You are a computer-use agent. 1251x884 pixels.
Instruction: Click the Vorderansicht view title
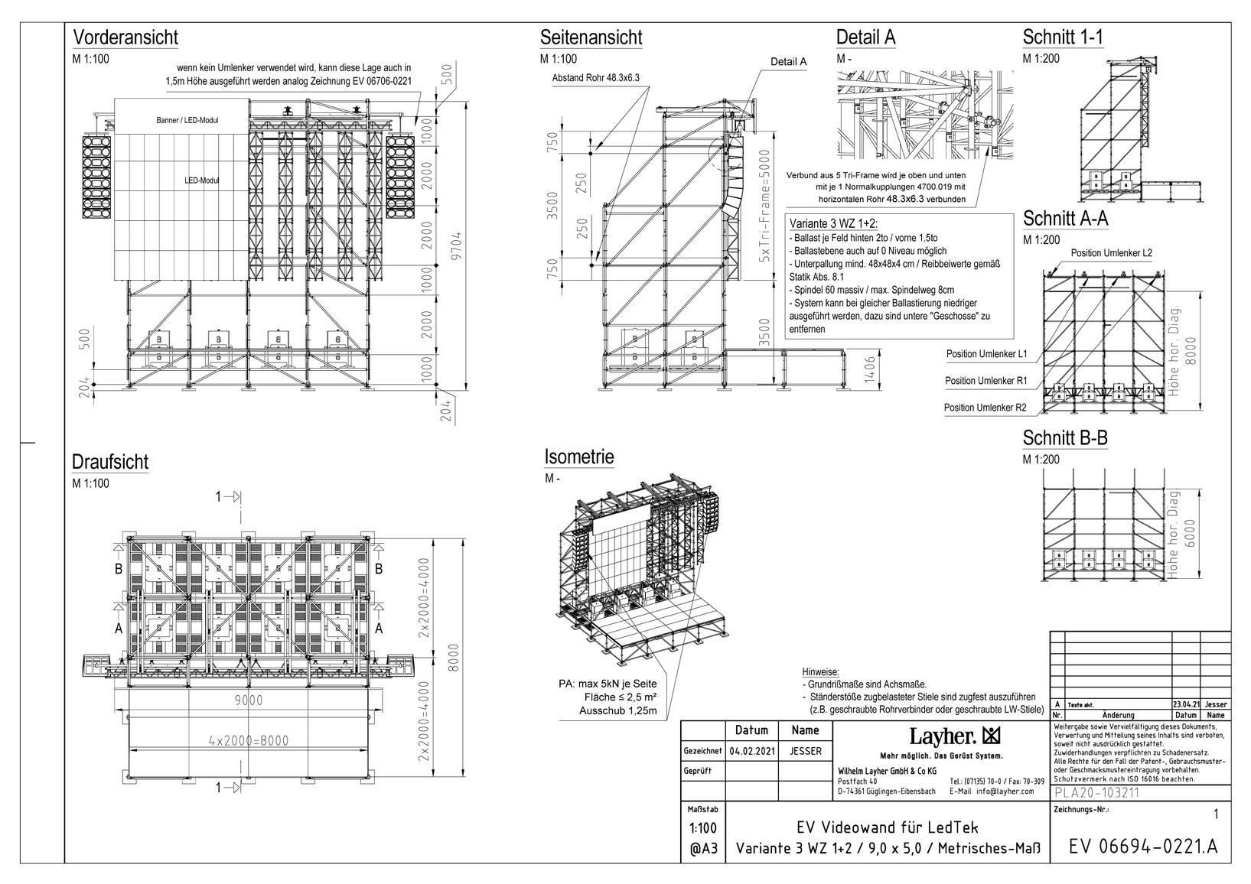click(125, 37)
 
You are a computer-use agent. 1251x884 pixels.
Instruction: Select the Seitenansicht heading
click(591, 37)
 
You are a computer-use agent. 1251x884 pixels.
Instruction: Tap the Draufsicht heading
click(110, 462)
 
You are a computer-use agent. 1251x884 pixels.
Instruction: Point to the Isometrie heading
click(579, 457)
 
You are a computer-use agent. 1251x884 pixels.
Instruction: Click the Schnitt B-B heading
click(1065, 438)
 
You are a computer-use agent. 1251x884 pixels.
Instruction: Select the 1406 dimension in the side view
click(868, 372)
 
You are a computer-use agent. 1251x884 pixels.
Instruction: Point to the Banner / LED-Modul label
click(187, 120)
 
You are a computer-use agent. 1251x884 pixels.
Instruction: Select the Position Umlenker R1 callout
click(985, 381)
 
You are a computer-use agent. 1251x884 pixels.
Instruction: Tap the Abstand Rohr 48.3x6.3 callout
click(595, 77)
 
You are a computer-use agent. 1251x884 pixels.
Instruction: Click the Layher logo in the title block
click(953, 736)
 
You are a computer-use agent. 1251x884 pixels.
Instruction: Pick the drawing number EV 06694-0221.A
click(1142, 847)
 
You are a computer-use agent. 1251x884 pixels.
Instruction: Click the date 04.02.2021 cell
click(752, 751)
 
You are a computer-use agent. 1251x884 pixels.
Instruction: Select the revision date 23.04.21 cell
click(1185, 704)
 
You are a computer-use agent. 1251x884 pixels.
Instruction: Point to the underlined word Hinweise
click(820, 671)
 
